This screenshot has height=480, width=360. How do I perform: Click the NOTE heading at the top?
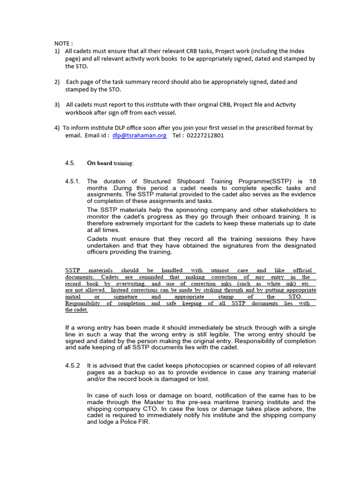click(63, 44)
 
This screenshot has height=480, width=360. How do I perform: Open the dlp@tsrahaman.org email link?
click(140, 135)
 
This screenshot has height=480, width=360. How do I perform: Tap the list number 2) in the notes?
click(57, 82)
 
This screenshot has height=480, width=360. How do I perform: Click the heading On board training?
click(110, 163)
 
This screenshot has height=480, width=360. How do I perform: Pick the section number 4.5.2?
click(73, 365)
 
